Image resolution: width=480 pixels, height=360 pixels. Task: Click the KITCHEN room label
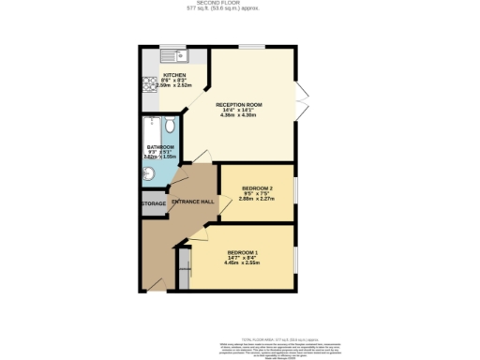[174, 75]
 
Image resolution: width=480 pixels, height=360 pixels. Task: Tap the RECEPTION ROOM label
[239, 103]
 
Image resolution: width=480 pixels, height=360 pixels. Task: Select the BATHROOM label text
[160, 147]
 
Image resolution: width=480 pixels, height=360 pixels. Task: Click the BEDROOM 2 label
[257, 187]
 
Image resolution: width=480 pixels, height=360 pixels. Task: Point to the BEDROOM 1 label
[241, 251]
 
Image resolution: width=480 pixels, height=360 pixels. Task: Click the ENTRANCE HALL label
[193, 202]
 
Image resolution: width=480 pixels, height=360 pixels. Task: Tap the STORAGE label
[154, 203]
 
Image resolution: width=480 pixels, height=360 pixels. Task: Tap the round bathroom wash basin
[149, 172]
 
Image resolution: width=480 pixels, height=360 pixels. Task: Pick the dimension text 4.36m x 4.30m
[239, 116]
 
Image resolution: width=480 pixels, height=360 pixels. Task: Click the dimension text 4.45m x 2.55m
[241, 262]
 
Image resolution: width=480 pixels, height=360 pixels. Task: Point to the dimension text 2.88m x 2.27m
[257, 199]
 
